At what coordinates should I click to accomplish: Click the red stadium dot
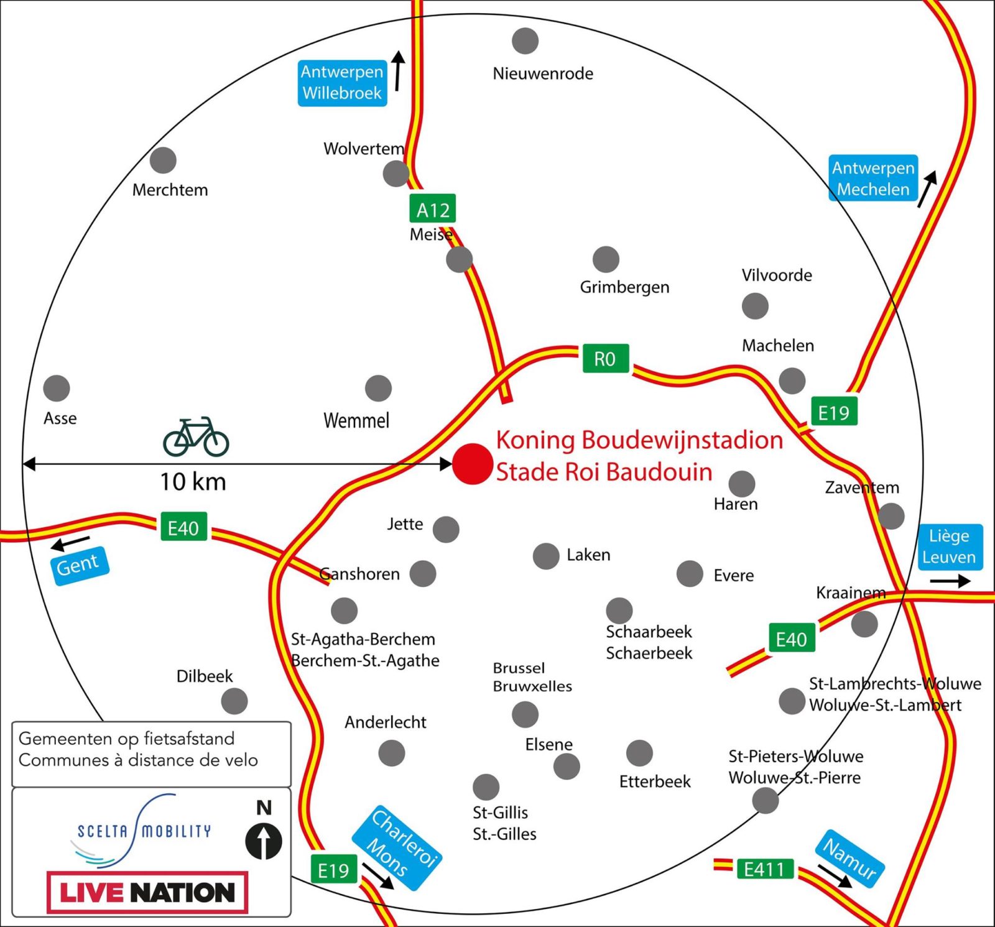473,464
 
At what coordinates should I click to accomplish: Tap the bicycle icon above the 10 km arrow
196,437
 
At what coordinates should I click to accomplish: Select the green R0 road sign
605,359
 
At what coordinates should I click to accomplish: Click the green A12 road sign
433,209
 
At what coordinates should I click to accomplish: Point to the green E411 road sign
764,869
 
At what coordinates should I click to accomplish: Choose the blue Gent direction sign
80,565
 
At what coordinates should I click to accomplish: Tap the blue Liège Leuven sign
950,547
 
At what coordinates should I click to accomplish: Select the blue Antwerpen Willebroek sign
342,83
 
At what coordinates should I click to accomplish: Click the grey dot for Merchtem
163,160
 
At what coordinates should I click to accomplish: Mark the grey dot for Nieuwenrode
525,41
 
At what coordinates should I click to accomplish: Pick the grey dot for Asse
57,388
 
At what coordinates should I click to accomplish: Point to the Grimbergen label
624,287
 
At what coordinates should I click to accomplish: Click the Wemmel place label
356,421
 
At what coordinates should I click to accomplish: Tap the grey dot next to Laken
546,556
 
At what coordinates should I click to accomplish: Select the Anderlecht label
386,722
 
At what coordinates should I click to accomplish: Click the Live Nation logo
147,893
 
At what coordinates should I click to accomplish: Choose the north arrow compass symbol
264,841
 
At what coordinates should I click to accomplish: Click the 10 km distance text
193,482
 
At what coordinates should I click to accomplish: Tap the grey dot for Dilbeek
234,701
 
